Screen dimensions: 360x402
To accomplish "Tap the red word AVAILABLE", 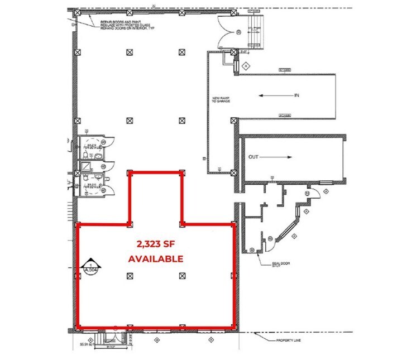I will pos(156,259).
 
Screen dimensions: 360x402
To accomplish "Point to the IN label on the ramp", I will pos(297,95).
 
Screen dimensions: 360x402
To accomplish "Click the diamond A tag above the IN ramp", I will pos(245,65).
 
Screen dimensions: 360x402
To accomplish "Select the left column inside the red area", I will pos(130,275).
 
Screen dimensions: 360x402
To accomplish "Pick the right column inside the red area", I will pos(182,275).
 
